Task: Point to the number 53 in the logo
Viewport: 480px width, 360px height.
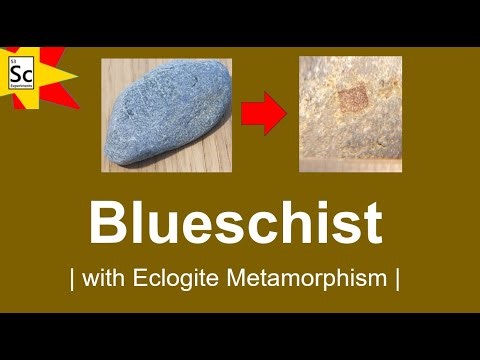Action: (x=13, y=63)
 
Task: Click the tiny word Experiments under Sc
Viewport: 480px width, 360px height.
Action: (x=19, y=88)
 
